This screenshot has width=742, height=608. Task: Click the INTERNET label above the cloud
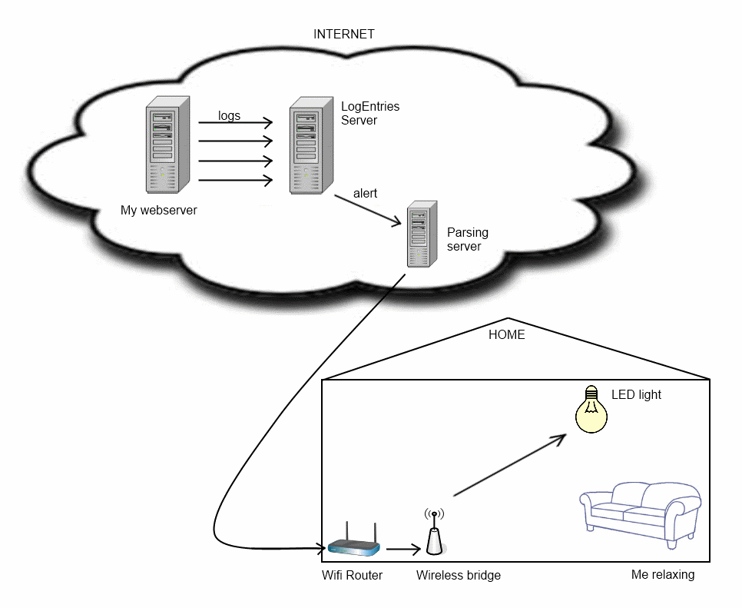(x=343, y=35)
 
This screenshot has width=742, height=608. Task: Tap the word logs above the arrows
(x=229, y=116)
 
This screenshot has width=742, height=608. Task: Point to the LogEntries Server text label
(x=370, y=113)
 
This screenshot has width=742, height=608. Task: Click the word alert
(x=365, y=194)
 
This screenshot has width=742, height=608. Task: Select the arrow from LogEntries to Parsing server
(x=367, y=210)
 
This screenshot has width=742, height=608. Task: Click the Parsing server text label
(x=467, y=239)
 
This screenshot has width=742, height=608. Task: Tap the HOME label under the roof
(x=507, y=335)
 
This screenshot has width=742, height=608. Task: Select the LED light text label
(x=636, y=395)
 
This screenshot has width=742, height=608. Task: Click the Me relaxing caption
(x=662, y=575)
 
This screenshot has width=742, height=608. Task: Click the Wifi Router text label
(x=352, y=575)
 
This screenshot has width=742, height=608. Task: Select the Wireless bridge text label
(x=458, y=575)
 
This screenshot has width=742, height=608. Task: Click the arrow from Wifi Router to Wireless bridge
(x=403, y=549)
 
